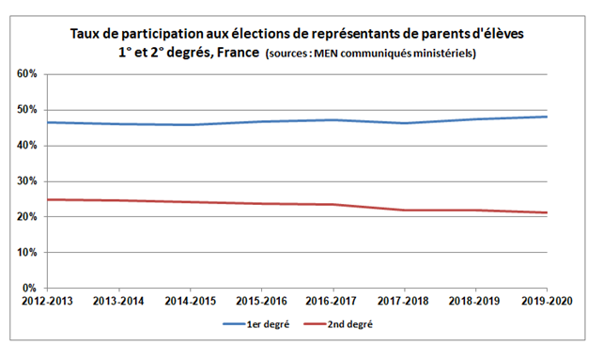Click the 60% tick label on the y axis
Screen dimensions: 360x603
[25, 73]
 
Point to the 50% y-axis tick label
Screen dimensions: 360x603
[25, 109]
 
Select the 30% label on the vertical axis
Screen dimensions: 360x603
[25, 180]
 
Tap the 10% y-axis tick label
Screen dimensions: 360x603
[25, 252]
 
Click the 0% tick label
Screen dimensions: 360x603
[28, 288]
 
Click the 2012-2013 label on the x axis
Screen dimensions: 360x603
[48, 302]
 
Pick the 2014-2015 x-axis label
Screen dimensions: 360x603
[191, 302]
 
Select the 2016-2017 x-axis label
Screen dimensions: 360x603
[333, 302]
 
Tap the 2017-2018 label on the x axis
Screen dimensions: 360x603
[405, 302]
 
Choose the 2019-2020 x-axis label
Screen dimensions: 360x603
[548, 302]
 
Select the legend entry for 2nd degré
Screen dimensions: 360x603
[354, 324]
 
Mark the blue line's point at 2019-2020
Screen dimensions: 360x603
[548, 117]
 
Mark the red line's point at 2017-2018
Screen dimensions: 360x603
[405, 210]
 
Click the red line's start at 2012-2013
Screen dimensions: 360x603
[48, 199]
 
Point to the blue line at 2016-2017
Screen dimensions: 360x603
[333, 119]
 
